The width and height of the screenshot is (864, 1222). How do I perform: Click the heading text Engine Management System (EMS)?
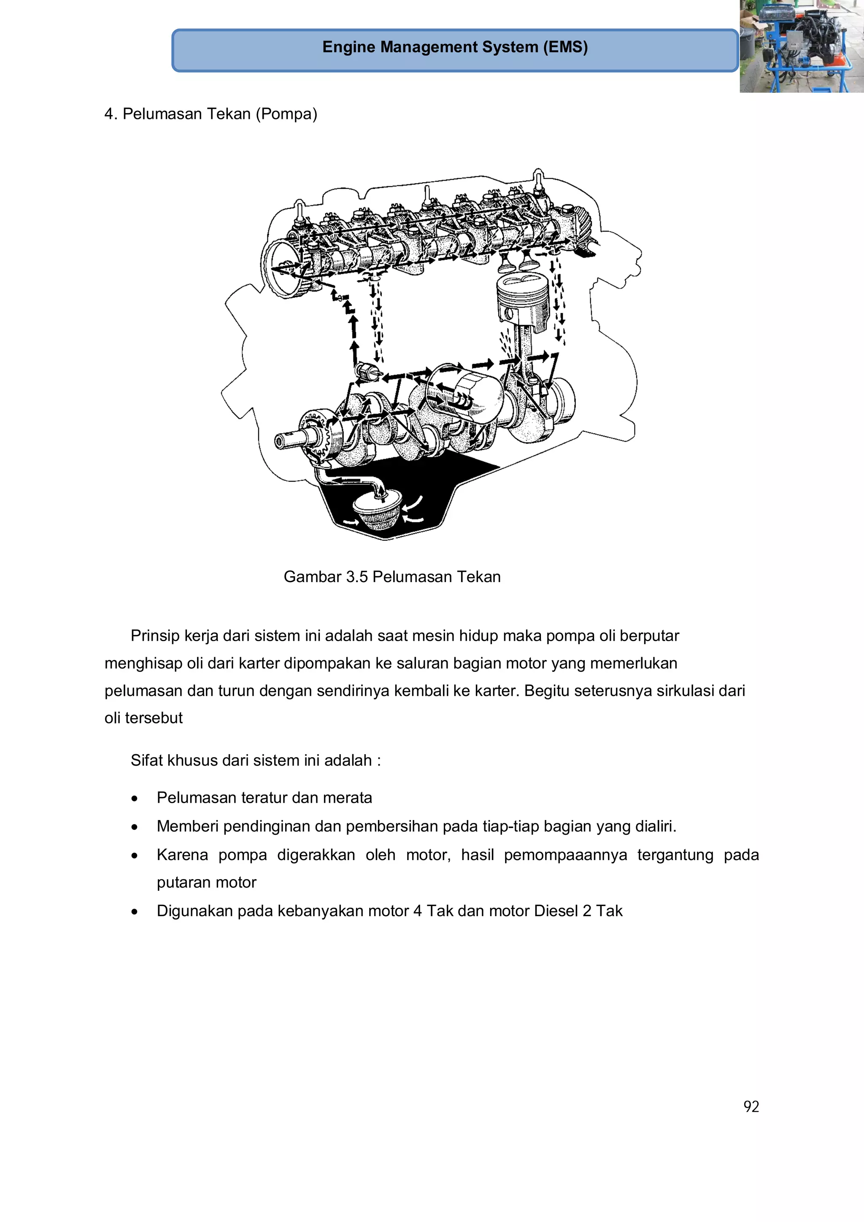pos(455,47)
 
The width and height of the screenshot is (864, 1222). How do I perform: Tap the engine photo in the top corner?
pos(801,46)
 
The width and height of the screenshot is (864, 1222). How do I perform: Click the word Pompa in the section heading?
pos(286,114)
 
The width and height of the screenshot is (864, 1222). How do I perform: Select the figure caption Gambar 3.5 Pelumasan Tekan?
pos(392,577)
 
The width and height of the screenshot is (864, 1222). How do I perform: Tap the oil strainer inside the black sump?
pos(378,511)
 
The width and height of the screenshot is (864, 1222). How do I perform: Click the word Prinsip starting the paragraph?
pos(155,636)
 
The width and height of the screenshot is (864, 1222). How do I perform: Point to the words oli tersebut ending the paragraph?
pos(143,718)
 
